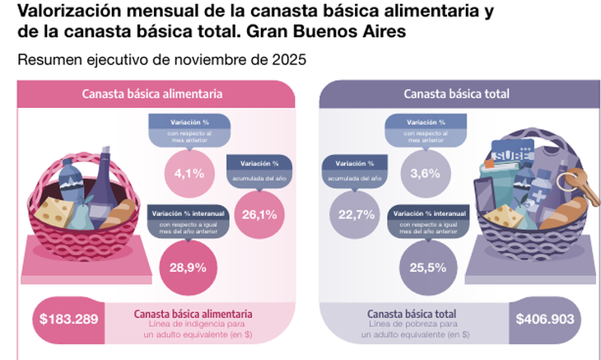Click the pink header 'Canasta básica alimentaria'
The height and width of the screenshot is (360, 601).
point(156,94)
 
